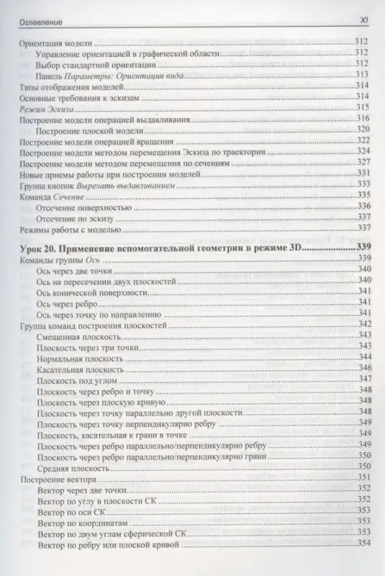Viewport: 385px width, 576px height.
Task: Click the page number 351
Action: [364, 480]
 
